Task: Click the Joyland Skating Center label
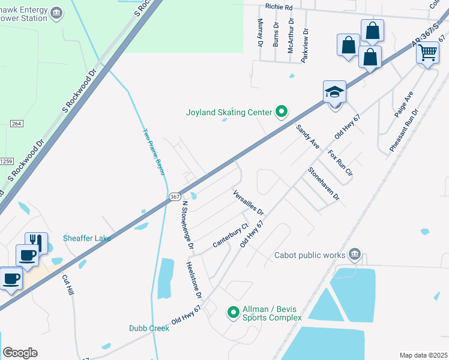click(x=229, y=112)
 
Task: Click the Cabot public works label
click(x=310, y=254)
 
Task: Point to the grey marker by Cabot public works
click(x=355, y=254)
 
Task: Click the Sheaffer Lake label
click(x=87, y=238)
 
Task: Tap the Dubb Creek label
click(x=149, y=328)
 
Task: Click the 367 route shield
click(x=174, y=197)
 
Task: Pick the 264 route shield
click(x=16, y=124)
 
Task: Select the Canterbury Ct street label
click(x=231, y=236)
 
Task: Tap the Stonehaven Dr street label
click(x=324, y=184)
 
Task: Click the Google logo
click(x=20, y=353)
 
